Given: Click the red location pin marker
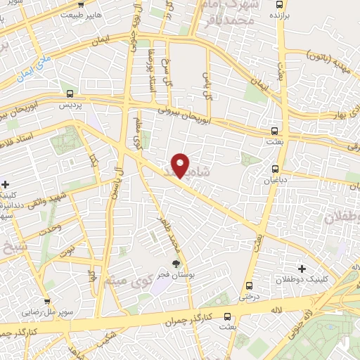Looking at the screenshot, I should (x=181, y=165).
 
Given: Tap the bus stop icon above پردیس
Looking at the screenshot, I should (x=70, y=93).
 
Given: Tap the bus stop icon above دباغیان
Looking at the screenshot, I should (x=276, y=168).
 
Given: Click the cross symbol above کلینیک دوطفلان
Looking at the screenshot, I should (x=302, y=269).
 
